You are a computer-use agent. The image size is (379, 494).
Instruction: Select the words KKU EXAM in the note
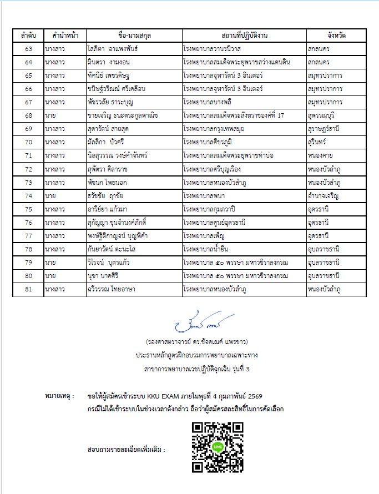164,397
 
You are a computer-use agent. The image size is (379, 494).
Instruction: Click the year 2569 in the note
276,397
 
